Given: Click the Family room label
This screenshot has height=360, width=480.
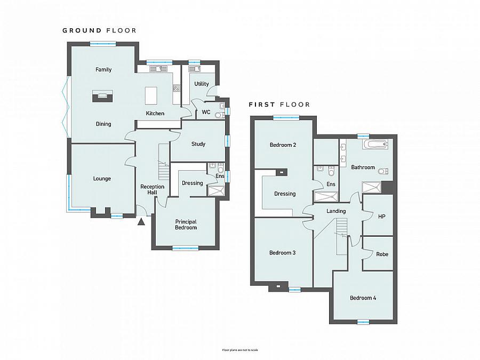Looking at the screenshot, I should pyautogui.click(x=103, y=70).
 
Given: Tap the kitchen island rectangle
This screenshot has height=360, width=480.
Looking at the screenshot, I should pyautogui.click(x=152, y=95).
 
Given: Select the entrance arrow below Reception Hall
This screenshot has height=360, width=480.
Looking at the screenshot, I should pyautogui.click(x=141, y=222).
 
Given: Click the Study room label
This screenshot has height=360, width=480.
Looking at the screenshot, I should pyautogui.click(x=198, y=144).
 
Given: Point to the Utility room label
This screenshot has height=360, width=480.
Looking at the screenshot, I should pyautogui.click(x=202, y=84).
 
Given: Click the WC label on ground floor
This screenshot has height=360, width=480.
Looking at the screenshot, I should pyautogui.click(x=206, y=112).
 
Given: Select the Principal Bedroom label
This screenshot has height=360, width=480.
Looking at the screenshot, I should pyautogui.click(x=186, y=225).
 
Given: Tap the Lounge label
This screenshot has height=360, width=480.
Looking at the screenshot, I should pyautogui.click(x=102, y=179).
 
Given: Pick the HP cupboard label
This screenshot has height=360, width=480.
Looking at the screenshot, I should pyautogui.click(x=381, y=216).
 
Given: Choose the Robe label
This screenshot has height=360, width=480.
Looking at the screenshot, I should pyautogui.click(x=382, y=254).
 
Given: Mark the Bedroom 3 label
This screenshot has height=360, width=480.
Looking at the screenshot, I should pyautogui.click(x=282, y=253).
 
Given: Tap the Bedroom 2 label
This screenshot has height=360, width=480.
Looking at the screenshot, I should pyautogui.click(x=283, y=145).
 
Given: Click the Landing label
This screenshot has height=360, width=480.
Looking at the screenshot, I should pyautogui.click(x=336, y=211).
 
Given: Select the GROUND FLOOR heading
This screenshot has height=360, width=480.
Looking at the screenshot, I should pyautogui.click(x=99, y=30).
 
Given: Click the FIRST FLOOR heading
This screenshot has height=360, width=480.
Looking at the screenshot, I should pyautogui.click(x=279, y=105).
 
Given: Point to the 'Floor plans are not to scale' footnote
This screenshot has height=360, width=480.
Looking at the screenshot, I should pyautogui.click(x=240, y=350).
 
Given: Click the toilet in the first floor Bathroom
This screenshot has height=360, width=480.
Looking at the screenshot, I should pyautogui.click(x=383, y=171).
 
